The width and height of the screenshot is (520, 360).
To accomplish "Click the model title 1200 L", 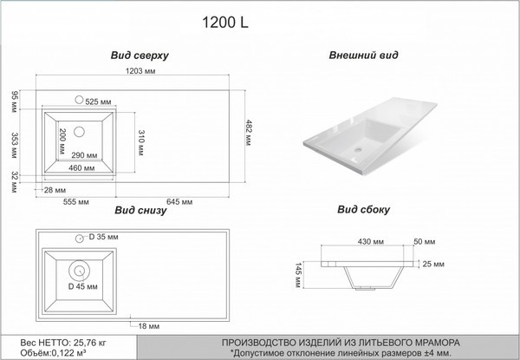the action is point(225,23).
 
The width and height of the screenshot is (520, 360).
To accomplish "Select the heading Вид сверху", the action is point(140,56).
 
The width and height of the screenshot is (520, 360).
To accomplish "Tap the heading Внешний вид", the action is point(363,55).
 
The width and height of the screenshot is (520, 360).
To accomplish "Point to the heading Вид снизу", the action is point(140,210).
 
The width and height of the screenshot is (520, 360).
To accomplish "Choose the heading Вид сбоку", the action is point(363,209).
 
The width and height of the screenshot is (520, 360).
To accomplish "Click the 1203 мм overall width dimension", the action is point(140,71).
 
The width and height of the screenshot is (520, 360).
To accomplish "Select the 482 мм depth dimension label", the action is point(249,133).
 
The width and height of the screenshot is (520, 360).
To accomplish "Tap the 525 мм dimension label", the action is point(98,101).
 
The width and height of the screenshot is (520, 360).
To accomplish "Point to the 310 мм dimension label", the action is point(140,142).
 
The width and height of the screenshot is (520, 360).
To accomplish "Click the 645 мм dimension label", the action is point(179,202).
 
